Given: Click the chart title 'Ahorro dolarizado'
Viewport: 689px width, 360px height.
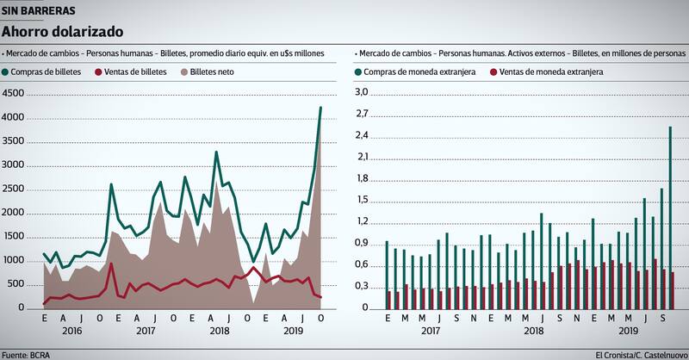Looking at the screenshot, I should point(61,32).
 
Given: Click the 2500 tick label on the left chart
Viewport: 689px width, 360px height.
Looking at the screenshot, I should point(15,189).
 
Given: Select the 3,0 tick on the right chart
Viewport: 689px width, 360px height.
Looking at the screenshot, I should point(361,92).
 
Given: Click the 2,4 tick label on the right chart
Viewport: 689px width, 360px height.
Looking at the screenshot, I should point(361,135).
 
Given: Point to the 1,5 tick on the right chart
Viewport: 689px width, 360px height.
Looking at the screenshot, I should point(361,200).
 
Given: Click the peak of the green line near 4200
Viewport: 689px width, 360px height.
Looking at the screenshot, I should point(320,108).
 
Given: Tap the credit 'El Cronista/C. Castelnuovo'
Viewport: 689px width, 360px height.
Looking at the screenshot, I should point(641,354).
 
